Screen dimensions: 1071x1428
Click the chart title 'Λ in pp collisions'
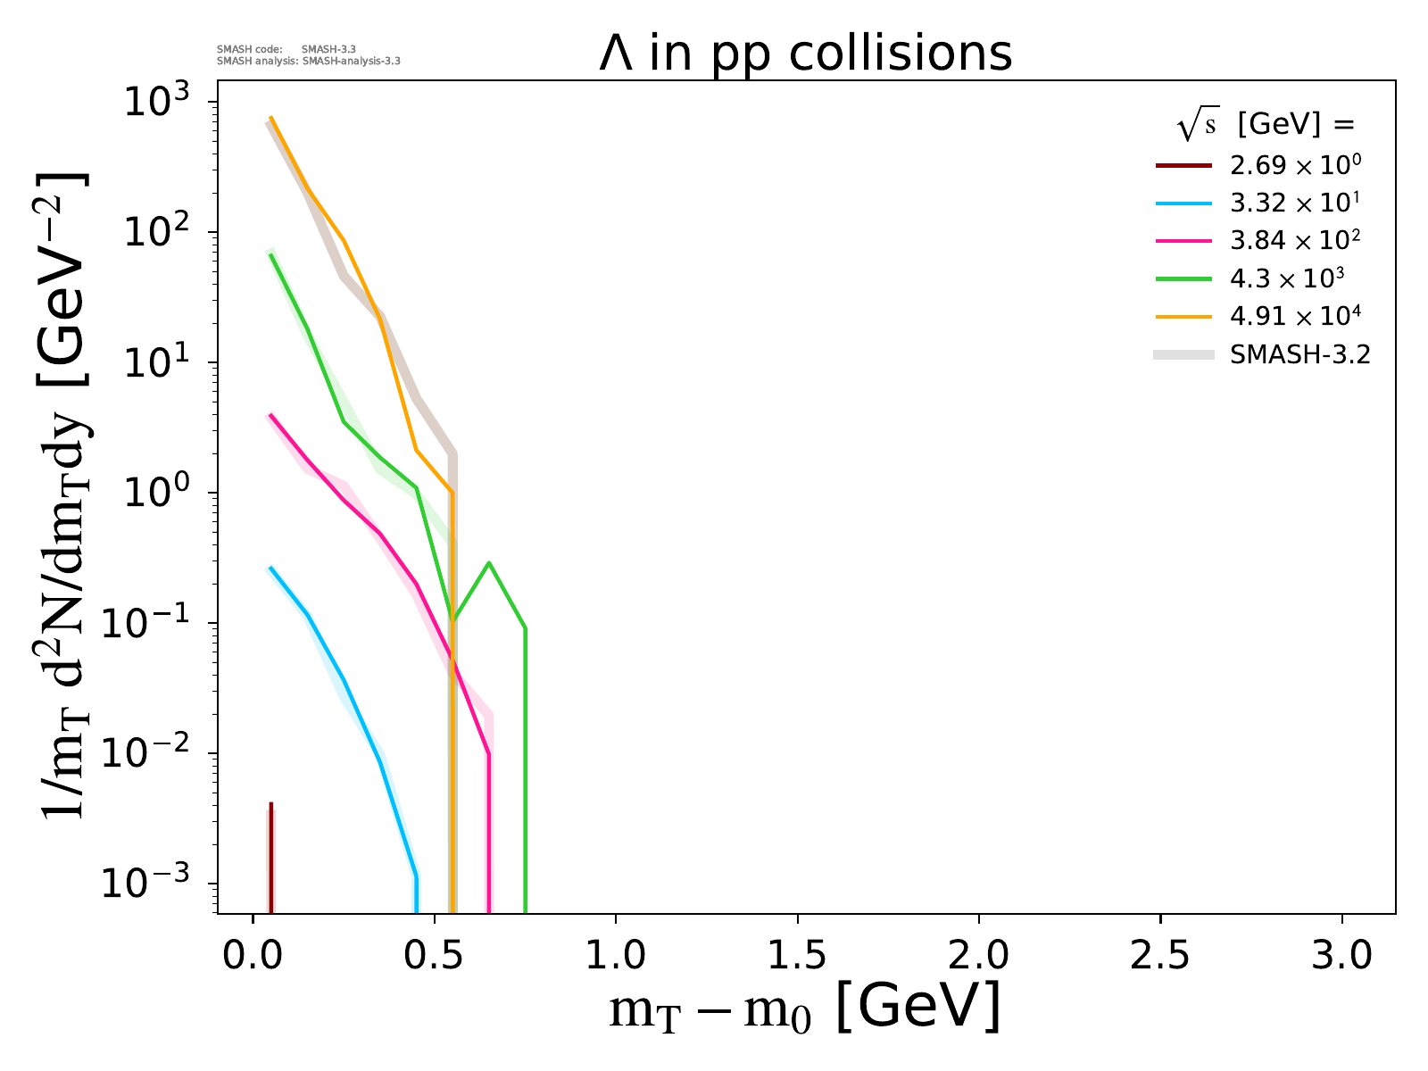pos(805,54)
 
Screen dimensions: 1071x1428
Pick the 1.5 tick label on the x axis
pos(797,956)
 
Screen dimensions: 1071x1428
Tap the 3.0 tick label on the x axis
pos(1341,956)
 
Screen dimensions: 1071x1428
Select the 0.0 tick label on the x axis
pos(253,956)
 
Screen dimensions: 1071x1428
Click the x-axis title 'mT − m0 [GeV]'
pos(804,1009)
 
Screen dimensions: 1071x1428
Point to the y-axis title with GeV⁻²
pos(67,495)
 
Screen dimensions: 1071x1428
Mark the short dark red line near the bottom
pos(270,857)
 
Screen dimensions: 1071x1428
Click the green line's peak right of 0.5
pos(489,563)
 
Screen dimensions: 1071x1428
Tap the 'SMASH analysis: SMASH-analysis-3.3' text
pos(309,62)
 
